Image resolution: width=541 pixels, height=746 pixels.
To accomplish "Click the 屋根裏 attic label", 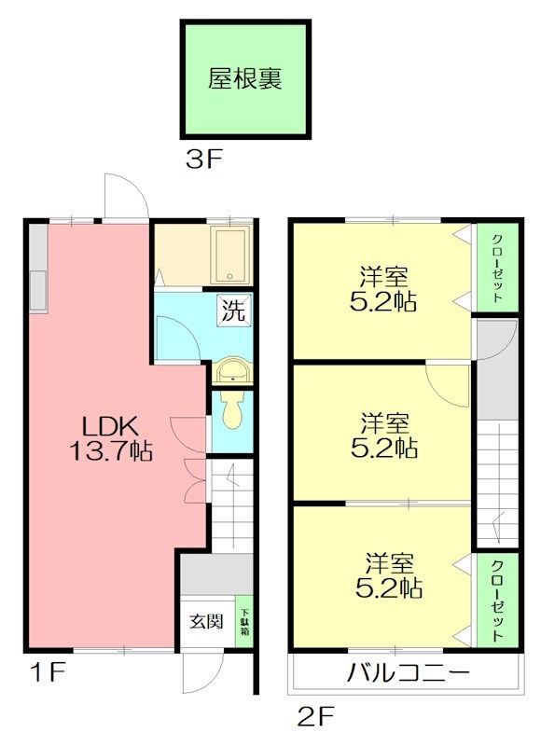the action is pos(244,79).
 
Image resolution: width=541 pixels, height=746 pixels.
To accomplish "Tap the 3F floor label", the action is pos(203,159).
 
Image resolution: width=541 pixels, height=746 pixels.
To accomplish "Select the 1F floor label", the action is pos(48,672).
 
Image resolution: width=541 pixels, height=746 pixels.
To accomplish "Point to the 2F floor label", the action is pos(316,716).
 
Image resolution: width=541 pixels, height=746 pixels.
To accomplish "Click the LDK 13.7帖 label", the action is pos(111,437).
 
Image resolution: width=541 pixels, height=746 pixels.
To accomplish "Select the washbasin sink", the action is pos(231,369).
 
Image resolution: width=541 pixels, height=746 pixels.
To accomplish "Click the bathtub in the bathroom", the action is pos(230,256).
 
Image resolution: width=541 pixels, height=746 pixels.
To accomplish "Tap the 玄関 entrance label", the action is pos(206,621).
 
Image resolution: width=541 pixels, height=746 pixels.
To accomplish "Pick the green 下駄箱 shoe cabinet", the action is pos(244,621).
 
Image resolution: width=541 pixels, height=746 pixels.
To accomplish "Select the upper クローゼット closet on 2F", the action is pos(498,268).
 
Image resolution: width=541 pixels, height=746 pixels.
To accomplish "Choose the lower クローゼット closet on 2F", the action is pos(498,601).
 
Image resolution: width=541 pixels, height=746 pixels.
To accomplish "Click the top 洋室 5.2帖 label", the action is pos(383,289).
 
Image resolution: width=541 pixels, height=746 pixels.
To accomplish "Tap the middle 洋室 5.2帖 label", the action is pos(384,435).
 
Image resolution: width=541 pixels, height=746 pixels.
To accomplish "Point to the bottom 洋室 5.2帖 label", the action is pos(389,575).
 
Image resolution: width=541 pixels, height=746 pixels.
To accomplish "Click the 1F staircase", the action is pos(231,505).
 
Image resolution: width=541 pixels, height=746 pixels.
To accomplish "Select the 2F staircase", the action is pos(497,484).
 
